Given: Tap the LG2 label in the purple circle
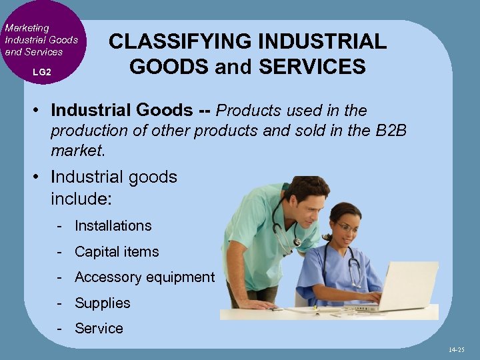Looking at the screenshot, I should [x=41, y=71].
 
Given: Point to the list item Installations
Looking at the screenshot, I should [x=113, y=226].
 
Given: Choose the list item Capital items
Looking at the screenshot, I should [x=117, y=252].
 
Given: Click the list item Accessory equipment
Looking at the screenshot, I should [x=144, y=277].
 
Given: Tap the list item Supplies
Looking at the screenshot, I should [x=102, y=303].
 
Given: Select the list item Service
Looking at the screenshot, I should [x=99, y=329].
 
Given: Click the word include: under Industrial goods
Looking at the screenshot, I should [x=79, y=199].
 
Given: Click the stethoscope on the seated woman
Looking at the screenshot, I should [x=353, y=270].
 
